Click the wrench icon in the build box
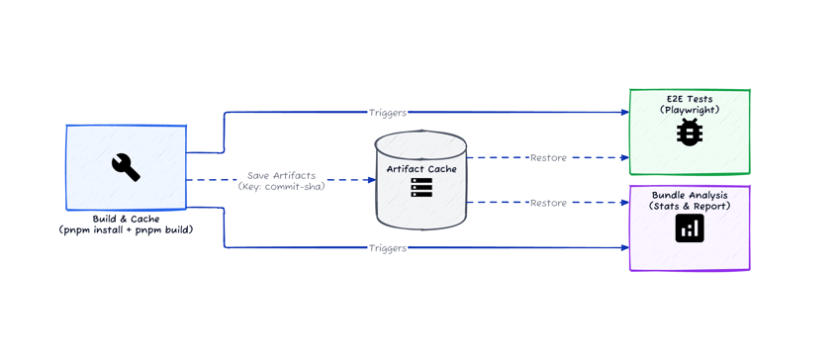126,167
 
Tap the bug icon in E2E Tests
690,132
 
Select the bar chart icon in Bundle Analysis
690,228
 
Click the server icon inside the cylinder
421,187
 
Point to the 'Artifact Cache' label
421,169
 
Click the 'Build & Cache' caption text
125,219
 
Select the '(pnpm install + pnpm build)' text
125,229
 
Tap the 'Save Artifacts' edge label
281,175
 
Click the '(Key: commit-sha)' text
281,186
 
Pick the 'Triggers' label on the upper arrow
387,113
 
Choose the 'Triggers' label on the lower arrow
387,248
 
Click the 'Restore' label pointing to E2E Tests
548,158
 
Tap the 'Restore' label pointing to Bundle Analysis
548,203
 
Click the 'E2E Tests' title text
690,99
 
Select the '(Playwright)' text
690,110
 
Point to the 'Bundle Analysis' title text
690,196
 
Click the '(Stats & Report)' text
690,207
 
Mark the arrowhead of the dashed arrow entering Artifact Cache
371,180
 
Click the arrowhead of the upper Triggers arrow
625,113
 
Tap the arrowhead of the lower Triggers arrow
625,247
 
